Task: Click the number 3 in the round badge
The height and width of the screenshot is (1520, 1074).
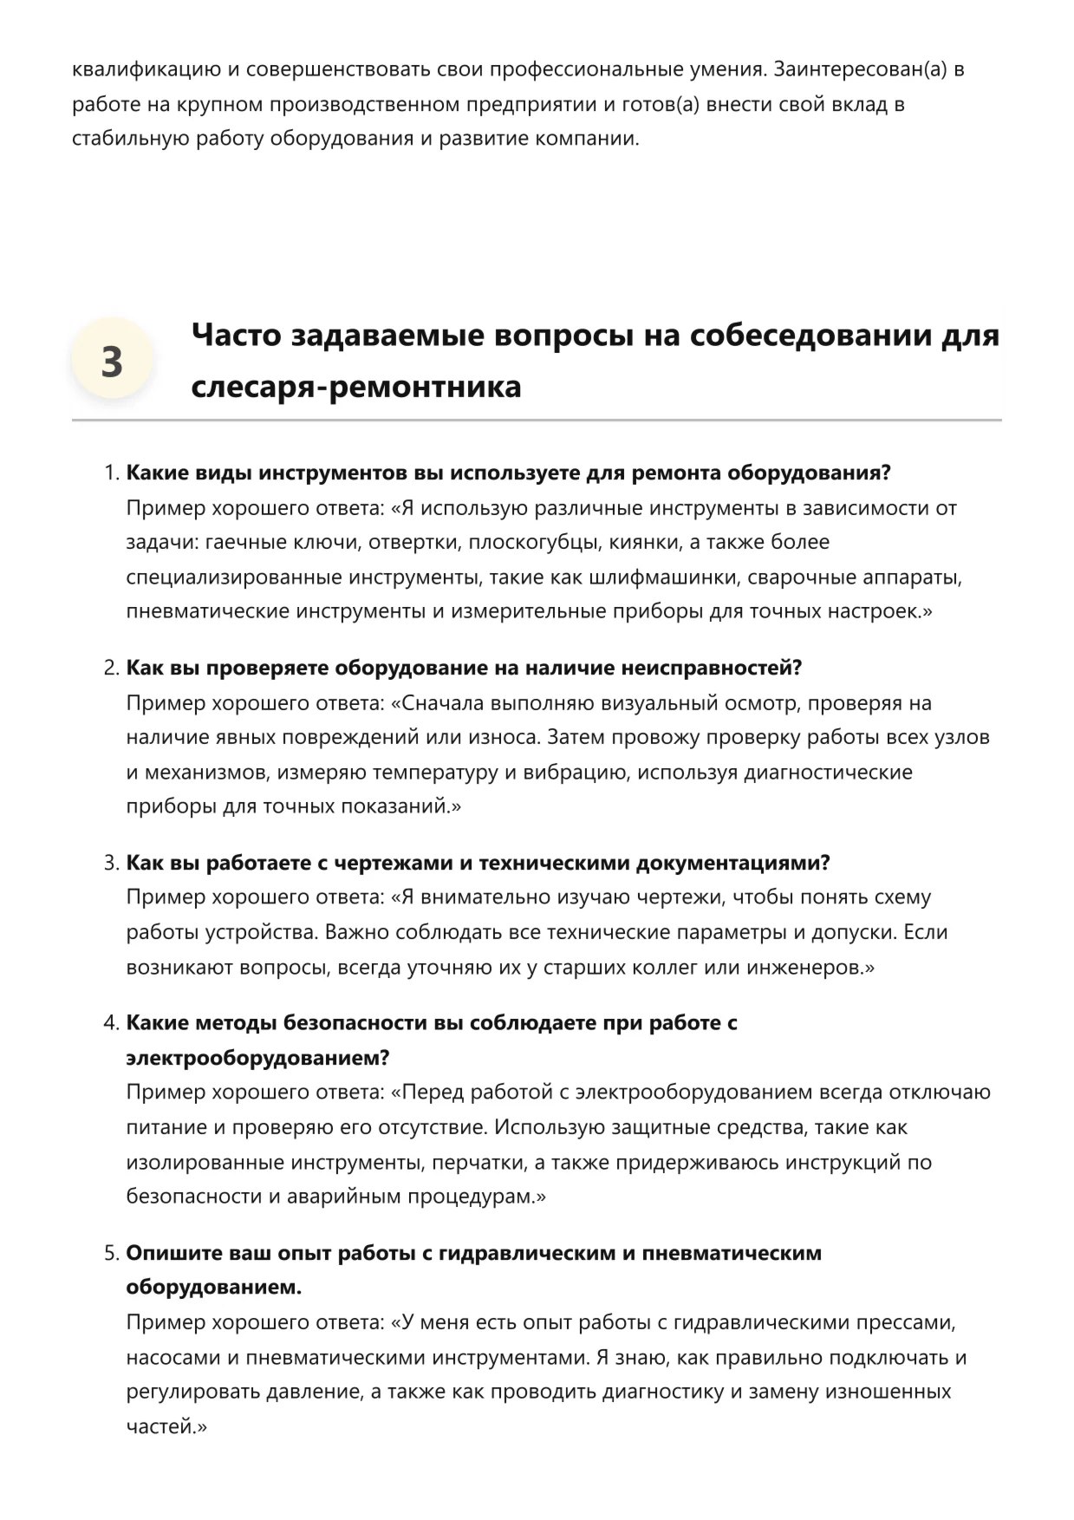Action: point(112,362)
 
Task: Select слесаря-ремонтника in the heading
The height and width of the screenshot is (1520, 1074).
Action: point(356,386)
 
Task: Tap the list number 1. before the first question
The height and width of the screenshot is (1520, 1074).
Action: point(111,473)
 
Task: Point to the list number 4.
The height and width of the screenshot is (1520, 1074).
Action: point(111,1023)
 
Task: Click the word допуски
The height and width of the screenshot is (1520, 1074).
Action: point(856,932)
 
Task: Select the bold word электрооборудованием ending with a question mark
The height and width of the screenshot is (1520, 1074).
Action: point(257,1058)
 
